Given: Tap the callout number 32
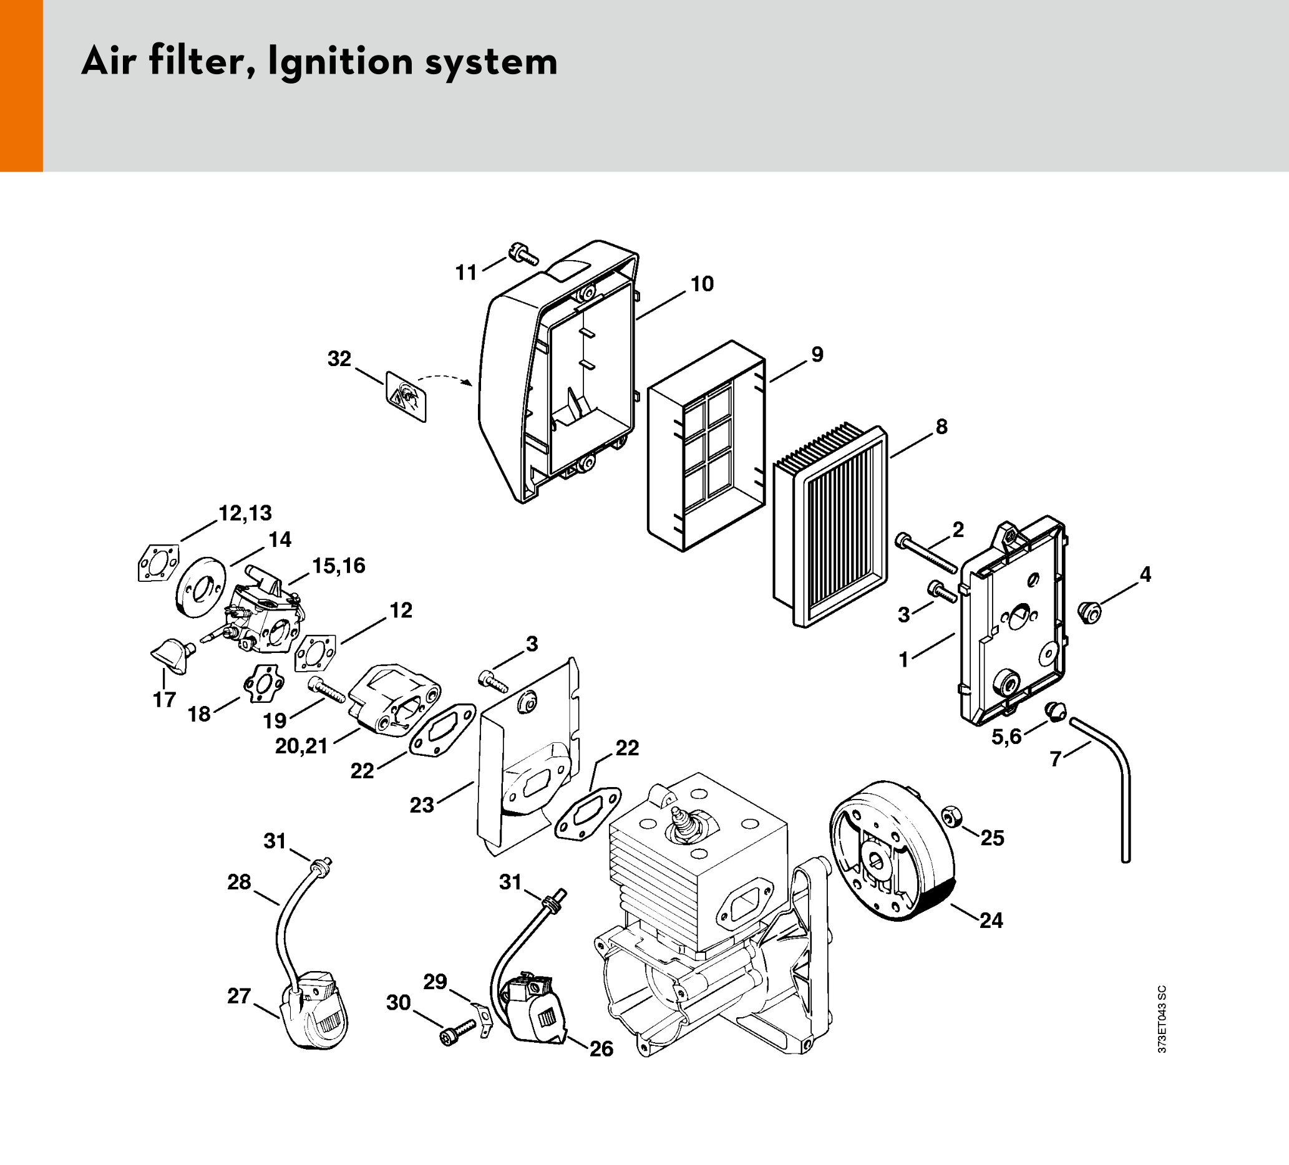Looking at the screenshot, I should coord(339,359).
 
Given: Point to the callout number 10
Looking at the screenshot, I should coord(701,284).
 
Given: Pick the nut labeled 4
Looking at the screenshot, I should coord(1089,612).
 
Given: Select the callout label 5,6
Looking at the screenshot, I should coord(1006,737).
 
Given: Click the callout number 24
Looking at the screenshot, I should coord(991,921).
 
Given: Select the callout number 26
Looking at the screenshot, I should coord(601,1049).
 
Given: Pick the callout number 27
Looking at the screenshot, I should coord(238,995).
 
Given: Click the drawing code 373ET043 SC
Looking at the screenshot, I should coord(1162,1018).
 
